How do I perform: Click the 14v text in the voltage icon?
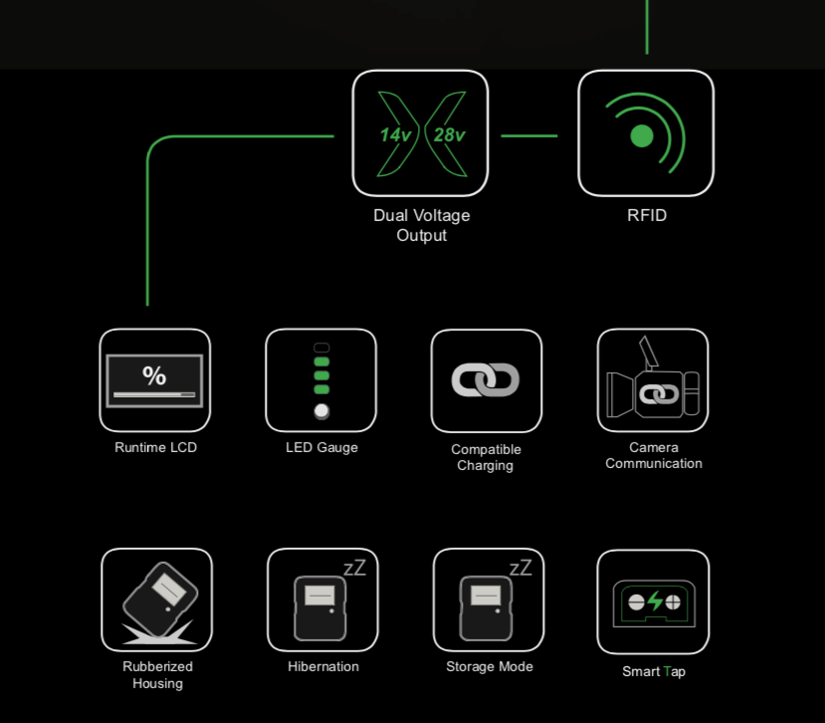[x=395, y=135]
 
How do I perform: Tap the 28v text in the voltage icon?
[x=449, y=135]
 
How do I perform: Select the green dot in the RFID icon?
[x=641, y=135]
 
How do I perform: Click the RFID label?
[x=647, y=215]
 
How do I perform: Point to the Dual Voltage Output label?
[x=421, y=225]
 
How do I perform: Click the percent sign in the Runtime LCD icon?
[x=154, y=375]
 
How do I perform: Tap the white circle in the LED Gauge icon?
[x=321, y=410]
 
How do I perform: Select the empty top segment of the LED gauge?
[x=321, y=348]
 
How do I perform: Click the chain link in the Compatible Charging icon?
[x=486, y=379]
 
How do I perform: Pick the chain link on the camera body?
[x=659, y=394]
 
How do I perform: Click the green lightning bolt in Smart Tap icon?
[x=655, y=601]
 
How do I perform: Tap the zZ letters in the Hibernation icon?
[x=354, y=568]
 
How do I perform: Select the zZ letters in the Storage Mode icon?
[x=520, y=568]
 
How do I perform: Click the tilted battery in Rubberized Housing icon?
[x=160, y=600]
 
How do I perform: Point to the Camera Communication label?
[x=654, y=455]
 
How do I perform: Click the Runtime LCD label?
[x=155, y=447]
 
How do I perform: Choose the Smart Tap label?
[x=654, y=672]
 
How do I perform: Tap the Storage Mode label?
[x=490, y=666]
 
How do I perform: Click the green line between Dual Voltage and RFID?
[x=528, y=135]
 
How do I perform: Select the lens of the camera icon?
[x=620, y=395]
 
